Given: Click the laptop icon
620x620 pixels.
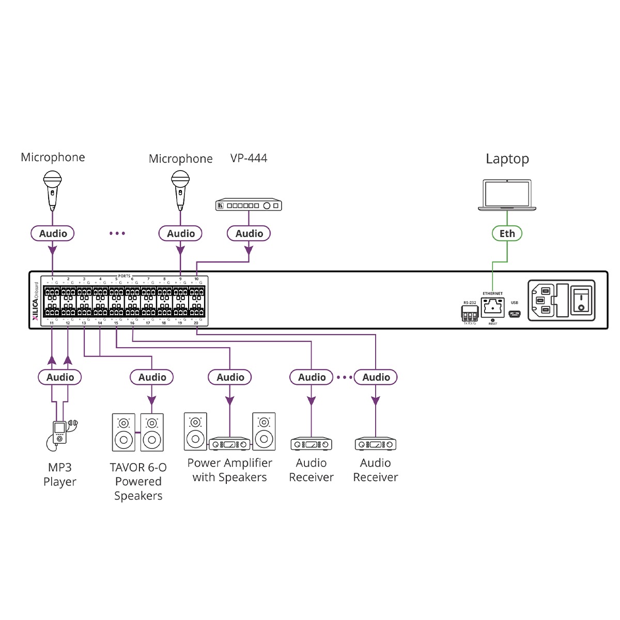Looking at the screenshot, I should click(x=507, y=195).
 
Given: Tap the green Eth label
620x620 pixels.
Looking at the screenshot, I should click(x=507, y=234).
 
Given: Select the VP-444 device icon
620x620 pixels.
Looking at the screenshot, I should click(x=249, y=205).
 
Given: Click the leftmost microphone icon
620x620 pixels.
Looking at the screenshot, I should click(x=52, y=189).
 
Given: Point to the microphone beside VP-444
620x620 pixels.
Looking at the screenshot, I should click(x=180, y=190).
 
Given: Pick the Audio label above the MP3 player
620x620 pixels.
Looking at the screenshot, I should click(x=60, y=377).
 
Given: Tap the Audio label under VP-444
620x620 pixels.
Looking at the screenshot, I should click(x=249, y=234).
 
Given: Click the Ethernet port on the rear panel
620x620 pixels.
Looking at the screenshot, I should click(x=492, y=308).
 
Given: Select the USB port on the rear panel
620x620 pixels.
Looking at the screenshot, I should click(x=515, y=314).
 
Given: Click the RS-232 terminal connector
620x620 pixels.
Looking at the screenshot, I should click(x=470, y=314).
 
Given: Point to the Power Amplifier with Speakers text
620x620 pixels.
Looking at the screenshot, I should click(x=229, y=470).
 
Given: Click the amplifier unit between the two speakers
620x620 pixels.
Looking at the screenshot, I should click(x=229, y=444).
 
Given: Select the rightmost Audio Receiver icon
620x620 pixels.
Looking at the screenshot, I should click(x=376, y=444).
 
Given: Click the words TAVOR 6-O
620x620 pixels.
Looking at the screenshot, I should click(x=138, y=468).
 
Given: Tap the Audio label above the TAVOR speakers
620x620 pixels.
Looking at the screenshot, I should click(x=152, y=377).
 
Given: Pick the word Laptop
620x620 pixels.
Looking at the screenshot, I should click(x=507, y=159).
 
